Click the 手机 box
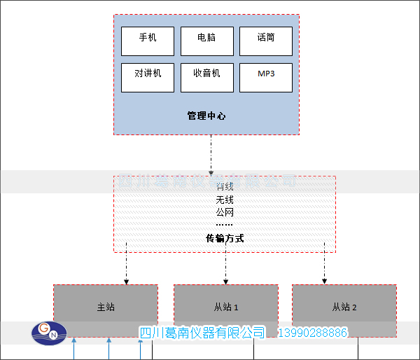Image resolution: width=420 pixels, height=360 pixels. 148,41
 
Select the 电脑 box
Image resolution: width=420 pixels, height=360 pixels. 206,41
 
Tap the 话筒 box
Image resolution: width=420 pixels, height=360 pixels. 265,41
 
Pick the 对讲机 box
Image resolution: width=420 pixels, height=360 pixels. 148,78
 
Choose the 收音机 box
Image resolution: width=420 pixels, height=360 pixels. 206,78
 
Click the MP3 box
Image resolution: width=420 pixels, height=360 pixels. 265,78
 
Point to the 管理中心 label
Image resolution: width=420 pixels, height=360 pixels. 206,116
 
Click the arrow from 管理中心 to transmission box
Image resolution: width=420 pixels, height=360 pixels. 211,154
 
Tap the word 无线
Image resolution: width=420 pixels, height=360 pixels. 225,200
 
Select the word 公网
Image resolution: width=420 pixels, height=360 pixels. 225,212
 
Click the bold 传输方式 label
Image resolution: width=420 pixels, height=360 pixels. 225,238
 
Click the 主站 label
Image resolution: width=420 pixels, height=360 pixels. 106,307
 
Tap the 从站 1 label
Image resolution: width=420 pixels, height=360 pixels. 226,307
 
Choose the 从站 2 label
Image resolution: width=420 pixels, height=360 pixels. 344,307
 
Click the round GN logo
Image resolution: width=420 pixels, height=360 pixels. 48,333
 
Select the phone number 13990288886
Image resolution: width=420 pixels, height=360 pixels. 314,332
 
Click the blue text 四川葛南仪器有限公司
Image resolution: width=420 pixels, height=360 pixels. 202,332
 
